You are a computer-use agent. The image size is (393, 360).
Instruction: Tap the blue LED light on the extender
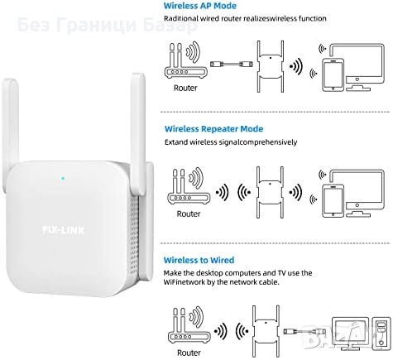pyautogui.click(x=63, y=176)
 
